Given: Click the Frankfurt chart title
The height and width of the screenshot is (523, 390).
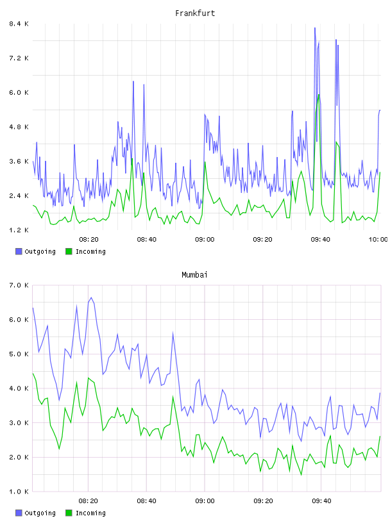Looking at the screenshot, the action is [x=195, y=13].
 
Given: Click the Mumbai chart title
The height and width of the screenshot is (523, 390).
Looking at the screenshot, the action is [x=194, y=275].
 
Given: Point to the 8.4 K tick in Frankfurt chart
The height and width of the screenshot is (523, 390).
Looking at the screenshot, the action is [x=19, y=24].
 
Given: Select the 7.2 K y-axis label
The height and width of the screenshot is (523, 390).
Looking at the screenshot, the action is [x=19, y=58].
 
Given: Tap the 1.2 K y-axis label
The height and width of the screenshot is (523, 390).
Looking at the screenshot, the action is [x=19, y=230].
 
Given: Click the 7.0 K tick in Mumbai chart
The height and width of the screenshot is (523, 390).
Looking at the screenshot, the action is [x=19, y=285].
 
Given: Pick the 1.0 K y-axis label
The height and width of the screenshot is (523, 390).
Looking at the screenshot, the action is [x=19, y=492].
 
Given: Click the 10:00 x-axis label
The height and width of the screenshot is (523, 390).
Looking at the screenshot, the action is [x=378, y=240].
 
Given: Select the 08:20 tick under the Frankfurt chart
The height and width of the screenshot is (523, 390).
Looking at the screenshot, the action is [x=89, y=240].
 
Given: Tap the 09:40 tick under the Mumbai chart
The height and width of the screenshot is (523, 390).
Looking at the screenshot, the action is [x=321, y=501].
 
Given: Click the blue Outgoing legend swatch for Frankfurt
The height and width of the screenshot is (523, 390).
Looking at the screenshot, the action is [x=19, y=251].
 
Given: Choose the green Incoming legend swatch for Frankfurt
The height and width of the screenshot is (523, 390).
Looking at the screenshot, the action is [x=69, y=251].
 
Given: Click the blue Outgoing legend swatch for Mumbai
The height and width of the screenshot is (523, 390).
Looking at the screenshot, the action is [x=19, y=513].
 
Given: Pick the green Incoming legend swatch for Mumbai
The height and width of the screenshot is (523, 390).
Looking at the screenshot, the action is [x=69, y=513].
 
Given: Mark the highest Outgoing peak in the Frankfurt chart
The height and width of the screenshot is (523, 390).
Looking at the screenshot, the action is [x=314, y=28].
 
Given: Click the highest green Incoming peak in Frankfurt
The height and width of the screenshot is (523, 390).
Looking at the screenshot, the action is [x=319, y=95].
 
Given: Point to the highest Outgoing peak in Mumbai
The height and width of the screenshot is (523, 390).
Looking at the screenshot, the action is [x=91, y=297].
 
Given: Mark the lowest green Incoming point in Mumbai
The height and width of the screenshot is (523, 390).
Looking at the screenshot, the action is [x=301, y=475].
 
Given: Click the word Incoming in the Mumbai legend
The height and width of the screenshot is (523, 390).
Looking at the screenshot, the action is [x=90, y=513].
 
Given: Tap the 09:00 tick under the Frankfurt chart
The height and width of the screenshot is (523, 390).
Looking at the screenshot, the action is [x=205, y=240].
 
